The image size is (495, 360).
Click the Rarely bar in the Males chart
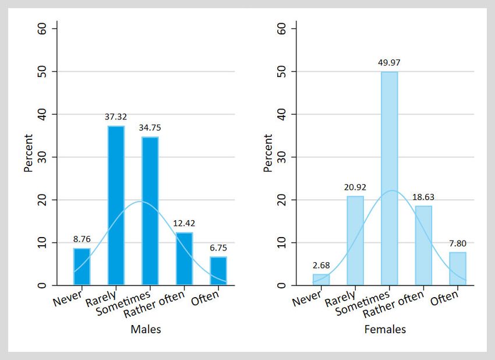(116, 206)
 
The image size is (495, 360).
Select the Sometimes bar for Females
(389, 178)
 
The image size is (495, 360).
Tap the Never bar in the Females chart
(321, 280)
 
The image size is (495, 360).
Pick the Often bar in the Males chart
(218, 271)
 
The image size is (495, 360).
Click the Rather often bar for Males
(184, 259)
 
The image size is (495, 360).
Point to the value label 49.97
(389, 63)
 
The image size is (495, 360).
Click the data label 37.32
(116, 117)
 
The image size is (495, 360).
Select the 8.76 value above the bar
(82, 239)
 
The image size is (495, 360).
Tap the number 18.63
(423, 197)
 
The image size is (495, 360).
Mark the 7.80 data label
(457, 243)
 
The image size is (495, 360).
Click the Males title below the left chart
(146, 330)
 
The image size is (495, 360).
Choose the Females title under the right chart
(385, 330)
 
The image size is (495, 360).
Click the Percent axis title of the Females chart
(268, 153)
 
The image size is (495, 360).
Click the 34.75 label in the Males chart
(150, 128)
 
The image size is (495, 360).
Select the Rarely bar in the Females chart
(355, 241)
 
